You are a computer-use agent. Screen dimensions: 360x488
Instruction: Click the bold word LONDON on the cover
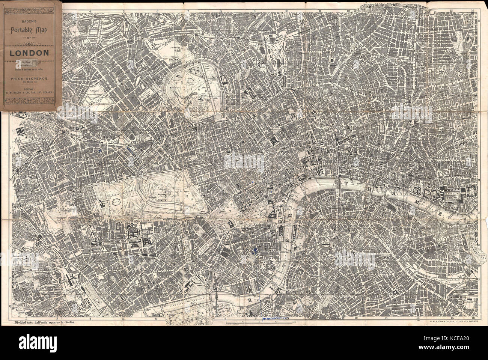[29, 53]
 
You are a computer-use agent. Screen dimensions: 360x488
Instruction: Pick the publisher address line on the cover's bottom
[29, 91]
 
